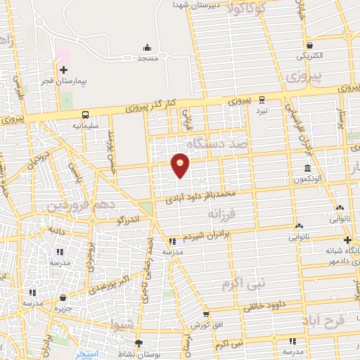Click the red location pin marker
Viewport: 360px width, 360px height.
pyautogui.click(x=181, y=165)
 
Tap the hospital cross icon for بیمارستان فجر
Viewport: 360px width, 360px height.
pyautogui.click(x=63, y=70)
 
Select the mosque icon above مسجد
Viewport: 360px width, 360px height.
pyautogui.click(x=147, y=48)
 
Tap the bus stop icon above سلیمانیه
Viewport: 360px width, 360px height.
pyautogui.click(x=85, y=115)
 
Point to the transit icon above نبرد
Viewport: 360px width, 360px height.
pyautogui.click(x=262, y=99)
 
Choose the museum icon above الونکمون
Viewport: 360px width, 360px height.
pyautogui.click(x=309, y=167)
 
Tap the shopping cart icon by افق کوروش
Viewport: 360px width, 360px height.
pyautogui.click(x=206, y=314)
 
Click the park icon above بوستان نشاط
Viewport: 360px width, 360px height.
pyautogui.click(x=140, y=344)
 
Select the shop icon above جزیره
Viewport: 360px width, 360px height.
pyautogui.click(x=64, y=297)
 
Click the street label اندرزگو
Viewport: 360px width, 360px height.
pyautogui.click(x=132, y=220)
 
